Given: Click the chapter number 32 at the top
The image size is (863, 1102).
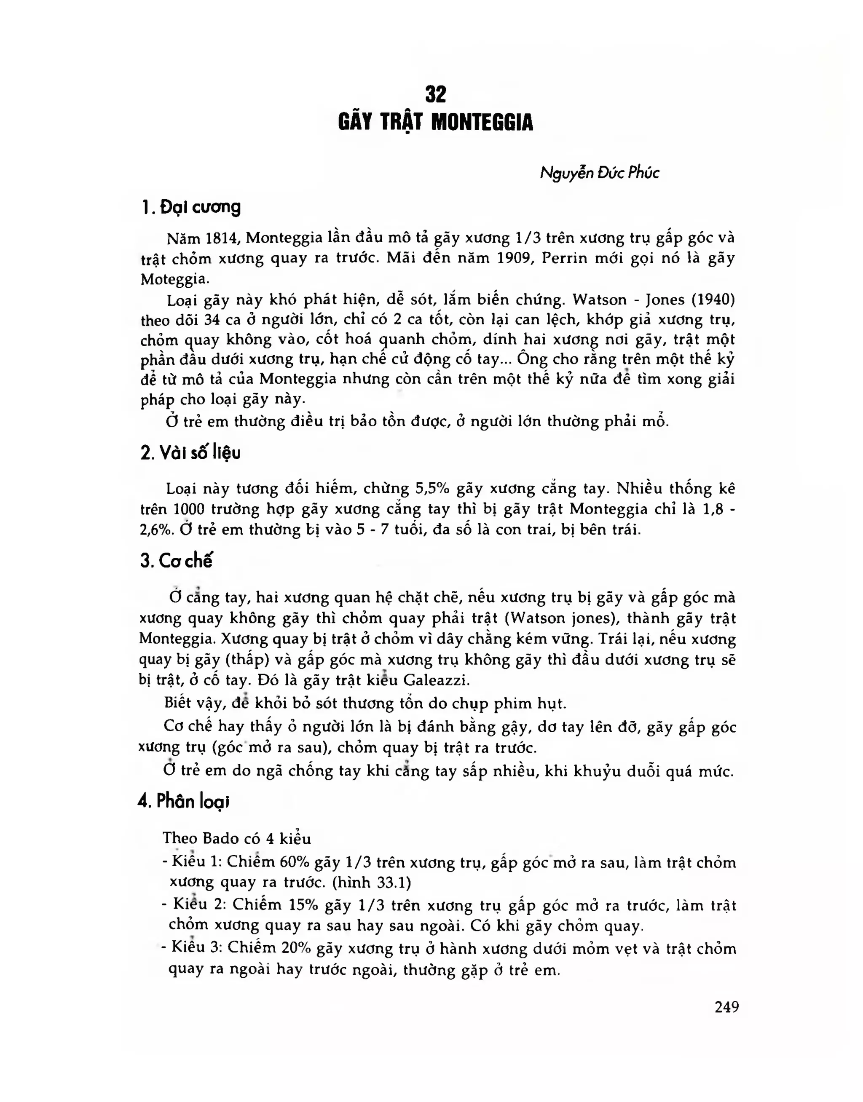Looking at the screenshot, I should (436, 94).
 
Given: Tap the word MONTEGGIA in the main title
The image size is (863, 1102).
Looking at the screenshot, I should (482, 123).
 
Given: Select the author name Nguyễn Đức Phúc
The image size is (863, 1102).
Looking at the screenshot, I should (599, 173).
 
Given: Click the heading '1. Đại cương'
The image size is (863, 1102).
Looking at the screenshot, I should (191, 207).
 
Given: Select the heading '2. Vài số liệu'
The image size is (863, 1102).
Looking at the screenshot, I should (190, 452).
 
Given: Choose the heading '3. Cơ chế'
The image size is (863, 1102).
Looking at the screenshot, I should (176, 561).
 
